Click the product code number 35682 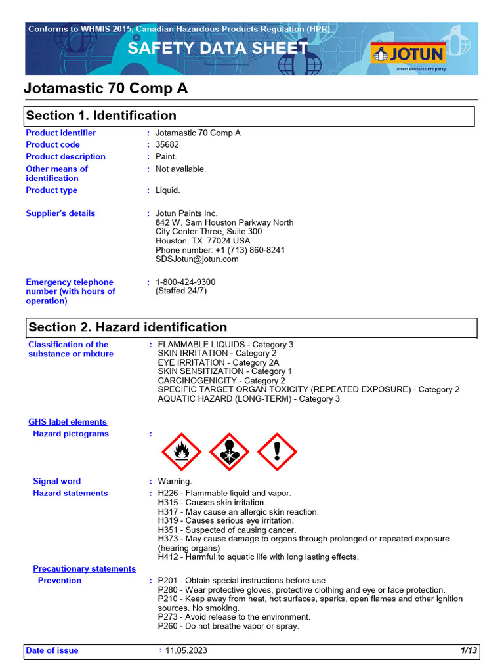click(x=167, y=145)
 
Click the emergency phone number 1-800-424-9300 click(x=185, y=282)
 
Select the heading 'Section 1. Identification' click(x=101, y=116)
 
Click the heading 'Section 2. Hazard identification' click(x=128, y=327)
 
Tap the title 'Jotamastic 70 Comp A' click(x=106, y=89)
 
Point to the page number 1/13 click(x=469, y=651)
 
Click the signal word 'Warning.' click(x=175, y=482)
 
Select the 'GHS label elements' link click(x=68, y=422)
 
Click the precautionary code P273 click(x=169, y=617)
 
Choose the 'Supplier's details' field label click(x=60, y=213)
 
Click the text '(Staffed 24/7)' click(x=181, y=291)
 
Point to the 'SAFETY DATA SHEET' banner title click(x=218, y=48)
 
